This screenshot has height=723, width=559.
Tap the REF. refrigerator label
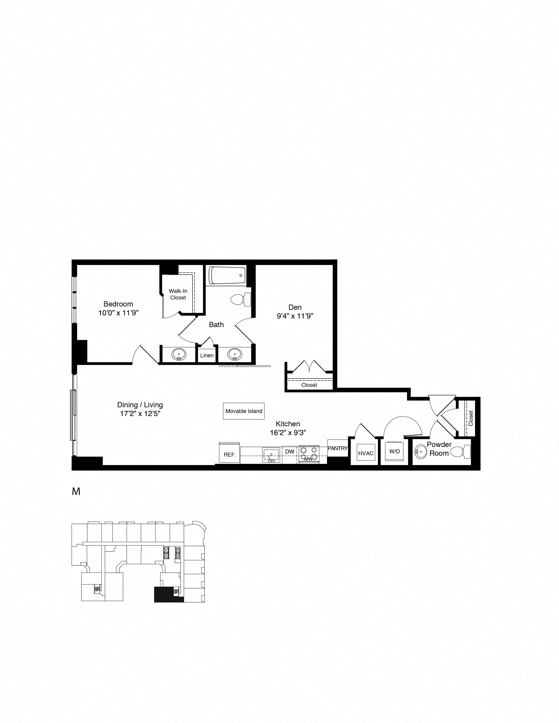pyautogui.click(x=230, y=455)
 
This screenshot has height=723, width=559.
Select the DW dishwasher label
pyautogui.click(x=289, y=451)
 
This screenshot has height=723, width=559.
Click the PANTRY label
pyautogui.click(x=337, y=448)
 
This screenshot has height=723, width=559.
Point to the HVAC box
pyautogui.click(x=366, y=453)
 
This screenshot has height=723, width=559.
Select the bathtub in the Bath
pyautogui.click(x=227, y=275)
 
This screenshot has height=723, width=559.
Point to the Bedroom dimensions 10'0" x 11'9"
pyautogui.click(x=118, y=312)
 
